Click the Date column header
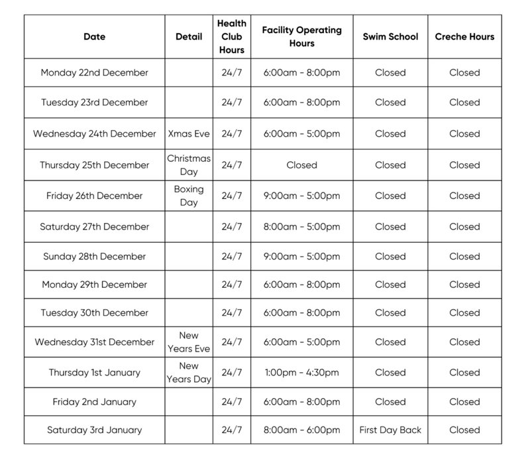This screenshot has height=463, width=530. [94, 37]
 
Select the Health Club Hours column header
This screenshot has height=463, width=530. [232, 36]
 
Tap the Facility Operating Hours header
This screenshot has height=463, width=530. [301, 36]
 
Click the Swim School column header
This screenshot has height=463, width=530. [390, 37]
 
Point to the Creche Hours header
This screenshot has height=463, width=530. [464, 37]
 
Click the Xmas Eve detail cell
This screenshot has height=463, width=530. [189, 133]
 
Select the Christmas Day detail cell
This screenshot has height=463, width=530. [189, 165]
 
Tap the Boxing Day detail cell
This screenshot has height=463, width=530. [189, 196]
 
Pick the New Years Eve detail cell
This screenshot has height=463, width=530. [189, 342]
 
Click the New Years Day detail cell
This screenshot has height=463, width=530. [189, 372]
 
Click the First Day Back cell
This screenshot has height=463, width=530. [390, 430]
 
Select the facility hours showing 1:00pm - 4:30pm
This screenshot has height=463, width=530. [301, 372]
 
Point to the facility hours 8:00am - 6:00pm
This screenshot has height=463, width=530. [301, 430]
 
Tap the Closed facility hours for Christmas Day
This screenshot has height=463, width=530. [301, 165]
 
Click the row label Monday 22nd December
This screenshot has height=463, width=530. [94, 72]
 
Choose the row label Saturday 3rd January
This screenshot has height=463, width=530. [94, 430]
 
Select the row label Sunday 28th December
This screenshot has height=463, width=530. [94, 256]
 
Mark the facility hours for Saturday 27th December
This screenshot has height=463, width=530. [301, 226]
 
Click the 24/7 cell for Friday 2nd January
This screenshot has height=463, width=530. [232, 401]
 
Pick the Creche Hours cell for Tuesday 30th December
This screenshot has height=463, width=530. [464, 312]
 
